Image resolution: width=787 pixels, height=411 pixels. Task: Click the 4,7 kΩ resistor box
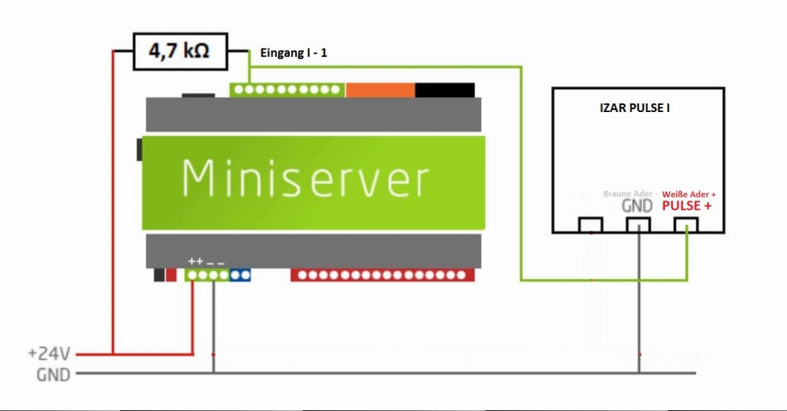178,51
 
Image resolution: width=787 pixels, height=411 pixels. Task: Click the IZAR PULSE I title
634,109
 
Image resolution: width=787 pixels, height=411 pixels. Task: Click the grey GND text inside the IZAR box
637,205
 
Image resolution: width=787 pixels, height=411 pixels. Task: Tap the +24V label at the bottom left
49,353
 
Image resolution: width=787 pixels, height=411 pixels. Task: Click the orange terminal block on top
380,90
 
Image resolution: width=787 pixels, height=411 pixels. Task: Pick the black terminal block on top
445,90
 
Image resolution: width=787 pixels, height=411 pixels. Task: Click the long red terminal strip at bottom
382,275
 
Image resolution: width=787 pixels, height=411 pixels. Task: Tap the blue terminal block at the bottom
240,275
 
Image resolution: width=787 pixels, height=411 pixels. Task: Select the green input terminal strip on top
287,90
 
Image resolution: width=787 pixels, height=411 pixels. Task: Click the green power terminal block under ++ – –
208,275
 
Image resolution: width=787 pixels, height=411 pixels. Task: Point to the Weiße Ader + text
689,194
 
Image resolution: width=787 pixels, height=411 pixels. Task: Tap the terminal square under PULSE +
686,225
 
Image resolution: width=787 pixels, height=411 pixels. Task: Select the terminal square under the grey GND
638,225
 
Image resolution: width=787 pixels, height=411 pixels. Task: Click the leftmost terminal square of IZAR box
591,225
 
